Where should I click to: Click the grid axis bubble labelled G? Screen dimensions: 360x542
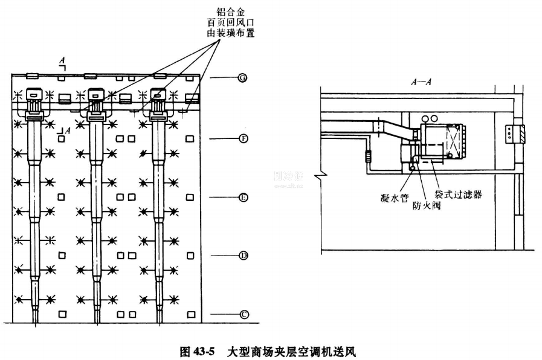[242, 79]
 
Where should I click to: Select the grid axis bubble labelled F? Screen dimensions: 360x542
[242, 139]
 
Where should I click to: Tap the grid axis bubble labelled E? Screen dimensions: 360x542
[242, 198]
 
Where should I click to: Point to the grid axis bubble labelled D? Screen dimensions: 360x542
[242, 256]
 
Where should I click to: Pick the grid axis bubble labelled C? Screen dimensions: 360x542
[242, 314]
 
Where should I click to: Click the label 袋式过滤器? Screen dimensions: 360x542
[458, 194]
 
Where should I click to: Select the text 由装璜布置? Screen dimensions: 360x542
[229, 34]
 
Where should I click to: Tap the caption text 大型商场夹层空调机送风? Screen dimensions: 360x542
[292, 350]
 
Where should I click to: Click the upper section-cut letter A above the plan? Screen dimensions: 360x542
[62, 60]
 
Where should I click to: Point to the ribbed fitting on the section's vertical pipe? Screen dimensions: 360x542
[367, 159]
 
